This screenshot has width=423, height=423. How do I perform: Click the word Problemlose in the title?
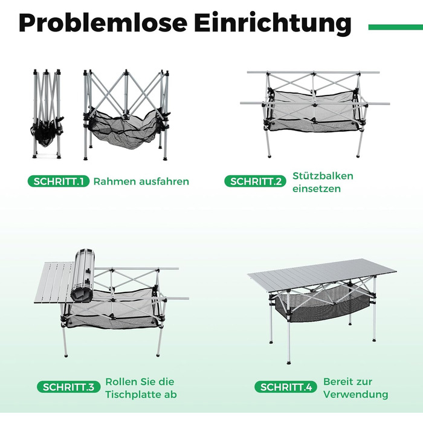tap(103, 23)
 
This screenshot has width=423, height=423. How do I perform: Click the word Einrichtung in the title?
tap(273, 24)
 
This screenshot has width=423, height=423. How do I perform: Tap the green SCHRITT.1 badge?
tap(59, 181)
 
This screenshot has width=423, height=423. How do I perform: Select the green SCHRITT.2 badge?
tap(255, 181)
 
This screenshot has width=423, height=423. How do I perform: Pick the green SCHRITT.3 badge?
tap(68, 387)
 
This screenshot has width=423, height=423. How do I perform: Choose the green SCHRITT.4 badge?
tap(286, 387)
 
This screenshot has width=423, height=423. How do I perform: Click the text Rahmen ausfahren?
tap(141, 181)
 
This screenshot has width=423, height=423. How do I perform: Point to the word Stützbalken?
tap(323, 176)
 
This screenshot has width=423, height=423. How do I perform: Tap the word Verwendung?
tap(356, 395)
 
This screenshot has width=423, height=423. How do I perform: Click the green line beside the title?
tap(395, 27)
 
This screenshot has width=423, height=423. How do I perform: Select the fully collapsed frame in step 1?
tap(47, 114)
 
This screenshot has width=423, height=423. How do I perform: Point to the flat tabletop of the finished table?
tap(322, 276)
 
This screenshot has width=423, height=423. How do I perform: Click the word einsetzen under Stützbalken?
tap(317, 189)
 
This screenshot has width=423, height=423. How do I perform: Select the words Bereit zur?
tap(347, 382)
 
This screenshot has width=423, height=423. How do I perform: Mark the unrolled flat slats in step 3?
tap(54, 282)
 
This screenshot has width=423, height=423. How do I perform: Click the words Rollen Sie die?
tap(140, 382)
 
